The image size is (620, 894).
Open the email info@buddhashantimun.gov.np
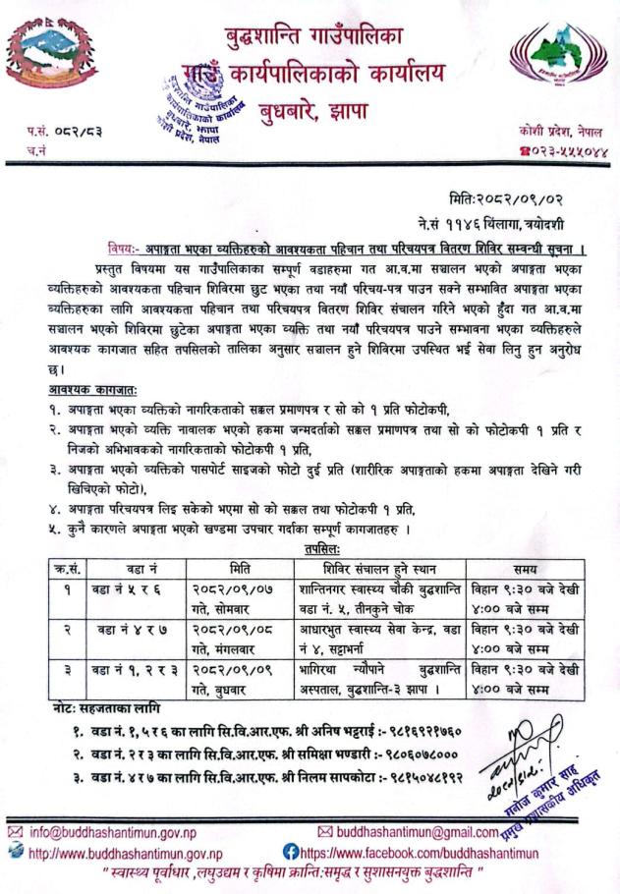pyautogui.click(x=108, y=834)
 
